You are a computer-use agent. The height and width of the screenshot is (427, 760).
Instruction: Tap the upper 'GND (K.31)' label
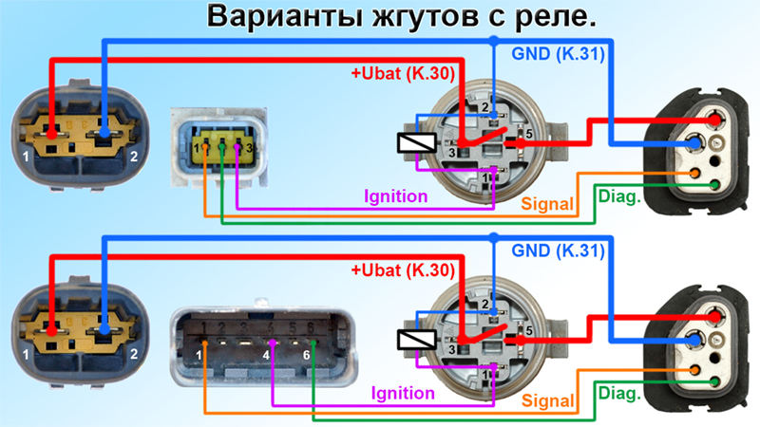pyautogui.click(x=559, y=54)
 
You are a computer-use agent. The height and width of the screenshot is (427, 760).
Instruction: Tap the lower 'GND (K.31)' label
pyautogui.click(x=559, y=251)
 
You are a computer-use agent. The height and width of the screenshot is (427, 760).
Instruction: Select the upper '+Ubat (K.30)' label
pyautogui.click(x=403, y=74)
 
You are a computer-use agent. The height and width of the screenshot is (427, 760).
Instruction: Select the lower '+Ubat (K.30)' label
pyautogui.click(x=403, y=270)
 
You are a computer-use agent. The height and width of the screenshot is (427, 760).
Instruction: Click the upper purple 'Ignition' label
pyautogui.click(x=396, y=196)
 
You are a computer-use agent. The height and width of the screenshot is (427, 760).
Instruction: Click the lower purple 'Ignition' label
pyautogui.click(x=403, y=393)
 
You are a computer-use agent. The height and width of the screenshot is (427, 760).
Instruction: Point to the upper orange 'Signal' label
pyautogui.click(x=547, y=204)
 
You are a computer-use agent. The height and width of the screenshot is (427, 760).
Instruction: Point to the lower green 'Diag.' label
pyautogui.click(x=619, y=393)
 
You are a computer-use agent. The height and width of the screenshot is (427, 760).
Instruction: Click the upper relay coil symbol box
pyautogui.click(x=416, y=143)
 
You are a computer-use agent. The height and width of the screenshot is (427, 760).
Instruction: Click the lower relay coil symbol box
pyautogui.click(x=416, y=340)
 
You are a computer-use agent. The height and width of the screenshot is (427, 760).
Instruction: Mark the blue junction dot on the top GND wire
pyautogui.click(x=493, y=41)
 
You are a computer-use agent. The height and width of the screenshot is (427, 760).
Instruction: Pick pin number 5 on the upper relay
pyautogui.click(x=529, y=134)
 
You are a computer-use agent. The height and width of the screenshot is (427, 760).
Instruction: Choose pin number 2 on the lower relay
pyautogui.click(x=484, y=305)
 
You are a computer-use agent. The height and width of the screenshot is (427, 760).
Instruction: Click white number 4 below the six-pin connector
pyautogui.click(x=266, y=355)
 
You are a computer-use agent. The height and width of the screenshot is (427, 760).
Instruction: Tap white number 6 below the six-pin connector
pyautogui.click(x=306, y=355)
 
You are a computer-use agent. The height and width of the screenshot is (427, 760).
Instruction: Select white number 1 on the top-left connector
pyautogui.click(x=26, y=157)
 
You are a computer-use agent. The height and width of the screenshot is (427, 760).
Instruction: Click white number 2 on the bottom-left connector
pyautogui.click(x=134, y=354)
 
